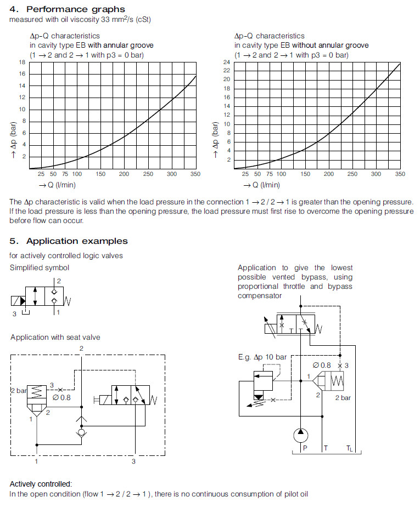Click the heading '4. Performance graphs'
(68, 9)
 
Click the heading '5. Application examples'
(69, 241)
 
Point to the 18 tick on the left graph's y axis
(23, 62)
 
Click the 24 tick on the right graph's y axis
(227, 62)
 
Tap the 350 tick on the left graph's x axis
(195, 174)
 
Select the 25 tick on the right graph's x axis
(245, 174)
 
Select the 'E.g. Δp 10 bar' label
(262, 357)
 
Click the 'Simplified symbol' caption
(40, 267)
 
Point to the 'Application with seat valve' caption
(55, 337)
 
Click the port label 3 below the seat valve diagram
(133, 461)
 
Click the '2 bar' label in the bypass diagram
(343, 397)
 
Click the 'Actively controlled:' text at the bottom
(41, 484)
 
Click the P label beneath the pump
(305, 448)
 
